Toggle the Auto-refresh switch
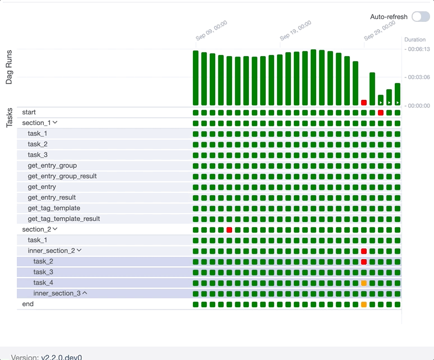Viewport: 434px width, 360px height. tap(421, 17)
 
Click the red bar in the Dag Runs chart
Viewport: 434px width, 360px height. tap(364, 103)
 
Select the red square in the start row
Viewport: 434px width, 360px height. tap(381, 113)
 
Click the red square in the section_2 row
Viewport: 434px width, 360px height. tap(229, 230)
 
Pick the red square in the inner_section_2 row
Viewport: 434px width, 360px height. tap(364, 251)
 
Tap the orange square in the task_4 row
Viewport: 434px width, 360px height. tap(364, 283)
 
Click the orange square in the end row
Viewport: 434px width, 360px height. tap(364, 304)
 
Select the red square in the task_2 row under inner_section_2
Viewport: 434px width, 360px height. tap(364, 262)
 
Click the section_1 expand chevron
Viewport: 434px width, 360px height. tap(55, 123)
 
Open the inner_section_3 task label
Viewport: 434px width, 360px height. tap(57, 293)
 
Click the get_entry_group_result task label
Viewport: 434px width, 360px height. tap(62, 176)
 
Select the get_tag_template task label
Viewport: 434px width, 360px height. tap(54, 208)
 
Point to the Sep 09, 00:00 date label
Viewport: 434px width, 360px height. tap(211, 30)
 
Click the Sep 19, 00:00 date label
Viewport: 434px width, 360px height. tap(295, 30)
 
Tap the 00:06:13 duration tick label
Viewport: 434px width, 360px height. tap(418, 49)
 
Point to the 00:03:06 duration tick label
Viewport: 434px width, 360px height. tap(418, 77)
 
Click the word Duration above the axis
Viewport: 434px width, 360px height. tap(415, 40)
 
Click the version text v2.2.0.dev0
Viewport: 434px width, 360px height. tap(62, 357)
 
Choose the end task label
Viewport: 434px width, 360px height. tap(28, 304)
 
